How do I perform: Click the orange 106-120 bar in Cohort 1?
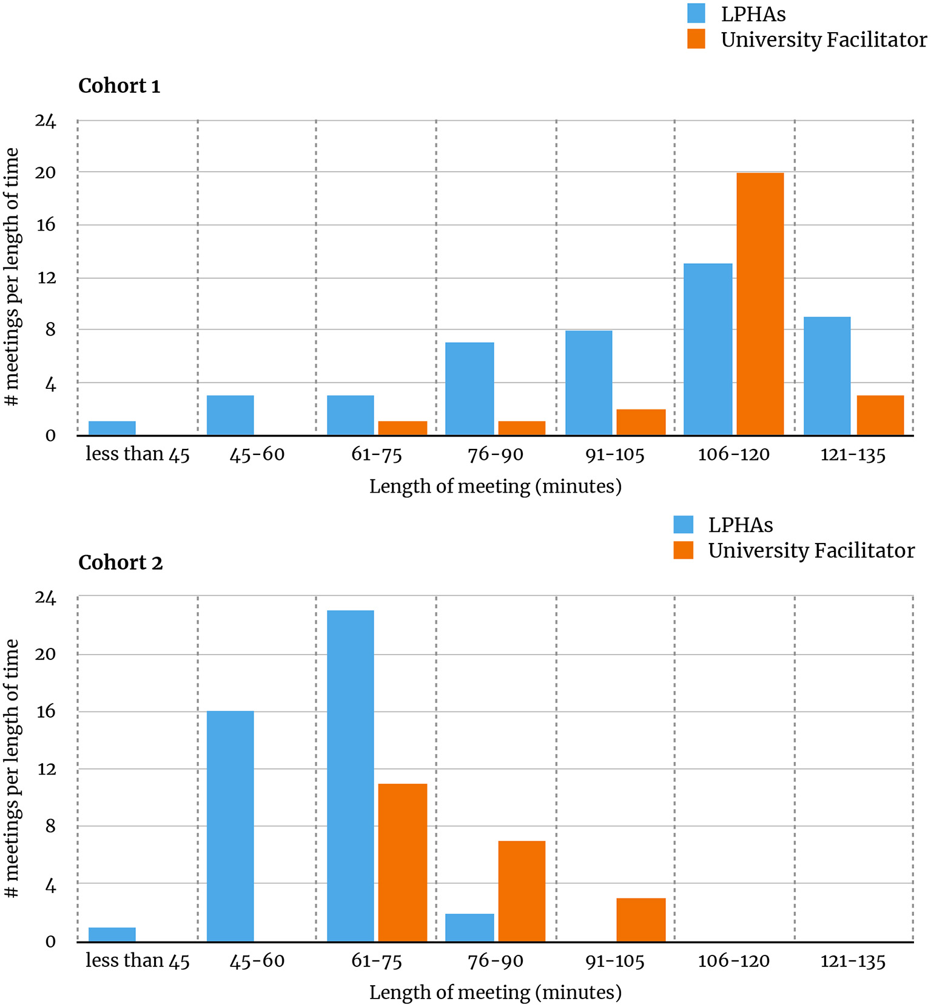pos(760,304)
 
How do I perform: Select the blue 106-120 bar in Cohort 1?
pos(708,349)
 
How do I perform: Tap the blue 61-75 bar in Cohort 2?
pos(350,776)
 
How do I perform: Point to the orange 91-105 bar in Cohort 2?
pos(640,920)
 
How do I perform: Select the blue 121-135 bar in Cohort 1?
pos(827,376)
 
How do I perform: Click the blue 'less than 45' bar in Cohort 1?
pos(112,428)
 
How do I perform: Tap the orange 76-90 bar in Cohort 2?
pos(522,891)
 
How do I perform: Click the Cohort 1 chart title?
pos(119,86)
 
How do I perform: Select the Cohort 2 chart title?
pos(121,563)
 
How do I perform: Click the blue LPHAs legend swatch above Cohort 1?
pos(696,13)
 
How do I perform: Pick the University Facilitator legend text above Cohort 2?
pos(811,551)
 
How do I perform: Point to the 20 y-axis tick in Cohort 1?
pos(45,173)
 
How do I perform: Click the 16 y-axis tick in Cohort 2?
pos(45,712)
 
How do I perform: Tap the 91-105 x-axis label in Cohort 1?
pos(615,455)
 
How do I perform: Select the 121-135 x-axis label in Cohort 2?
pos(853,961)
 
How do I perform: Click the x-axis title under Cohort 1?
pos(495,487)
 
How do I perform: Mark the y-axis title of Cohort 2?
pos(12,767)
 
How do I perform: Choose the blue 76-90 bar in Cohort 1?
pos(469,389)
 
